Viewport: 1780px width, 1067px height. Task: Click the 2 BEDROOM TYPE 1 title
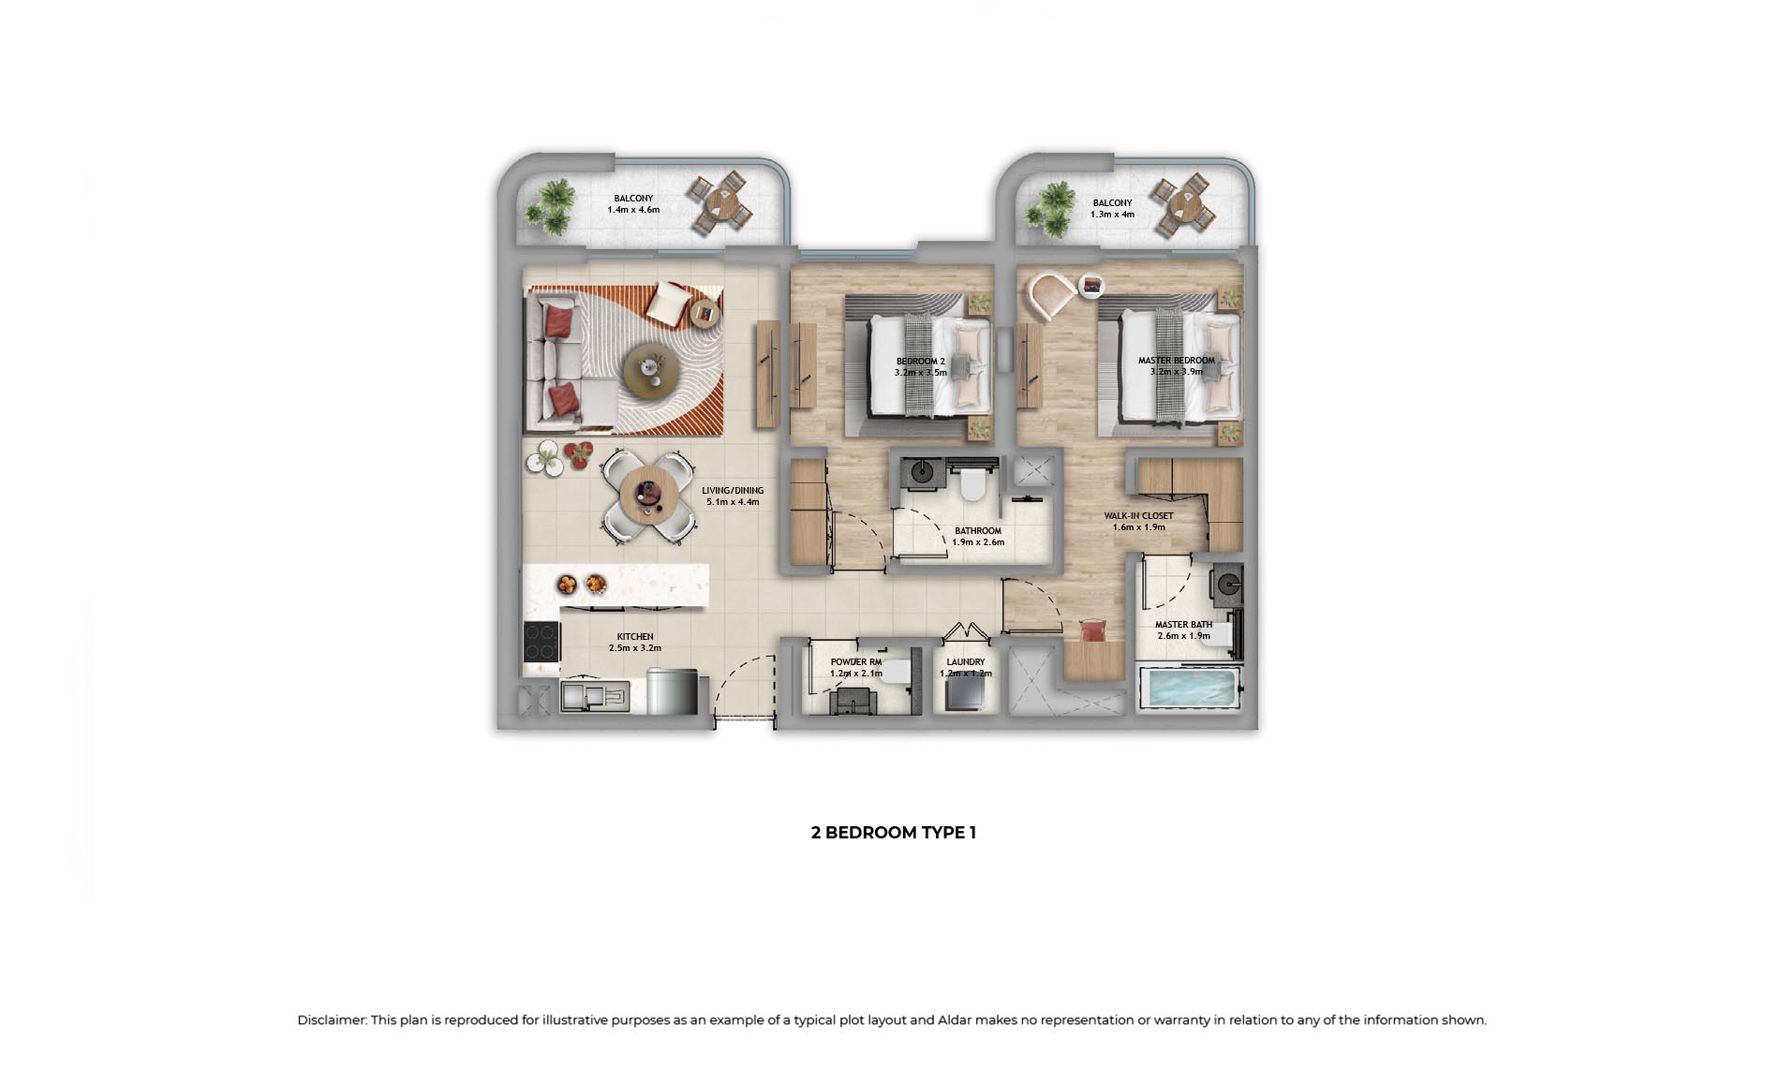tap(893, 832)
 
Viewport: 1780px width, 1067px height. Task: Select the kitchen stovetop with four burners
tap(541, 643)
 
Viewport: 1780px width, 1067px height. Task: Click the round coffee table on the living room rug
tap(647, 366)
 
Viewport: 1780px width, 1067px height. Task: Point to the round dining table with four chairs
tap(648, 495)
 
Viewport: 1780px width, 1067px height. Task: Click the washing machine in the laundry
tap(965, 694)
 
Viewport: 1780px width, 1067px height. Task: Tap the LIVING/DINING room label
tap(733, 490)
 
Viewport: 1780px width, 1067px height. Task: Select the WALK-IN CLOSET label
tap(1138, 515)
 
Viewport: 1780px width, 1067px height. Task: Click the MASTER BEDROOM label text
tap(1176, 360)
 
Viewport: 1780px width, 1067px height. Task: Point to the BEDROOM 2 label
tap(920, 361)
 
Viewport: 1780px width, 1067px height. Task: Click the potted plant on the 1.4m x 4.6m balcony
tap(551, 205)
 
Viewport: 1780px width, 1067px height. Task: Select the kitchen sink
tap(595, 697)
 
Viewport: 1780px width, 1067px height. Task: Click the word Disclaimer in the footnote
tap(332, 1020)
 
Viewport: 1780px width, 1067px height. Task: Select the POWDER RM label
tap(855, 661)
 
